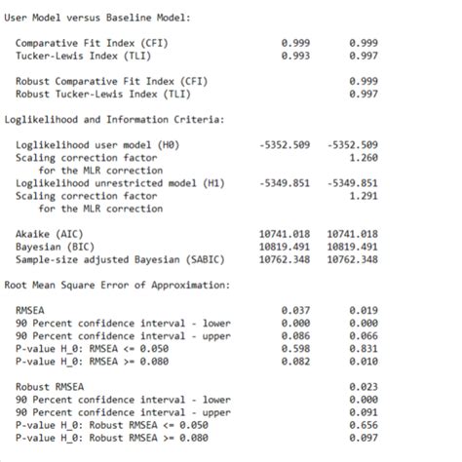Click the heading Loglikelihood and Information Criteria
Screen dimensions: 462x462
[x=115, y=119]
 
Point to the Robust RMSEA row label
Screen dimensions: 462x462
[x=50, y=387]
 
